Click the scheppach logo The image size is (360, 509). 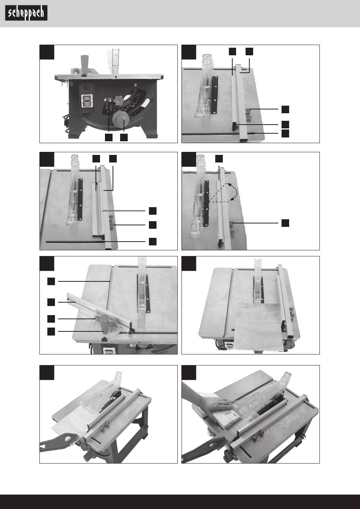pos(26,14)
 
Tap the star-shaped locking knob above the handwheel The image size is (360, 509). pos(118,101)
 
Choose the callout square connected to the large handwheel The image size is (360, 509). pos(124,137)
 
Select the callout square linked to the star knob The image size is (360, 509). pos(109,137)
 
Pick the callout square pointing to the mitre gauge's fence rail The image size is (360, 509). pos(51,302)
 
